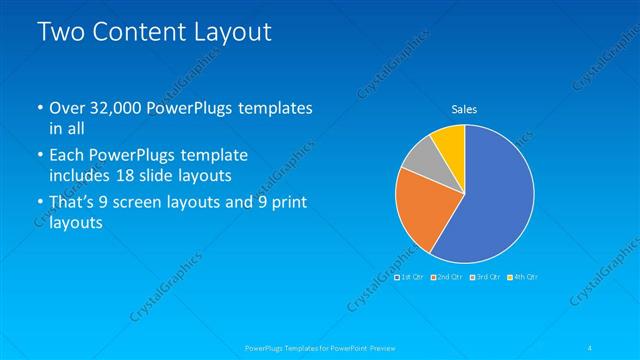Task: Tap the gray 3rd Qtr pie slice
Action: pyautogui.click(x=420, y=157)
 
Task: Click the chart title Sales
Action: pyautogui.click(x=464, y=108)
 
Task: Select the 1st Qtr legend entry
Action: pyautogui.click(x=410, y=277)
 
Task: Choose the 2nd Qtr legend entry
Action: pyautogui.click(x=448, y=277)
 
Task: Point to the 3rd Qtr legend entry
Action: pyautogui.click(x=486, y=277)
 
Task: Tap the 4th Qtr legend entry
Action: pyautogui.click(x=523, y=277)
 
